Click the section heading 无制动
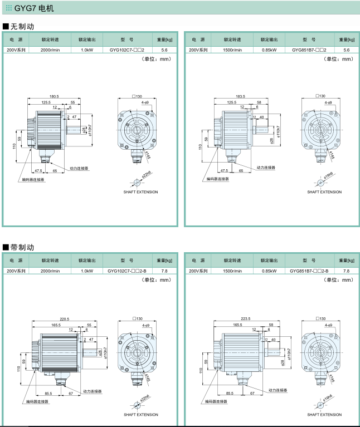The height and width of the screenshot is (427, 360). [x=21, y=26]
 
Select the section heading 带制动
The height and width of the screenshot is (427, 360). [x=21, y=247]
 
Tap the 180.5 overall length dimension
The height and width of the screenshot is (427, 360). [x=54, y=96]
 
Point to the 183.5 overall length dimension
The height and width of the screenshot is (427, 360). [x=240, y=96]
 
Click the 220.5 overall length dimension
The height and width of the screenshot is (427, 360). [x=64, y=319]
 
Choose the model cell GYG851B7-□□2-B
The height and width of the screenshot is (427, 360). [x=309, y=271]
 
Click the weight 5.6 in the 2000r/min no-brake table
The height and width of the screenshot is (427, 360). [x=164, y=50]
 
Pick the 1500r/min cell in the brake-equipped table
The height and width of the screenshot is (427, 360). [x=232, y=271]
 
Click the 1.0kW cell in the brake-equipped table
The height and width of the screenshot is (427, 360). [x=87, y=271]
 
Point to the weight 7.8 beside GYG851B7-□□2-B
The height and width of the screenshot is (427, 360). [x=347, y=271]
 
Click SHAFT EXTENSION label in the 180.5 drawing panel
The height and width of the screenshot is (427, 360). [x=140, y=192]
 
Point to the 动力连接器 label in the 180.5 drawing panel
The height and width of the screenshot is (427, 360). [x=79, y=168]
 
